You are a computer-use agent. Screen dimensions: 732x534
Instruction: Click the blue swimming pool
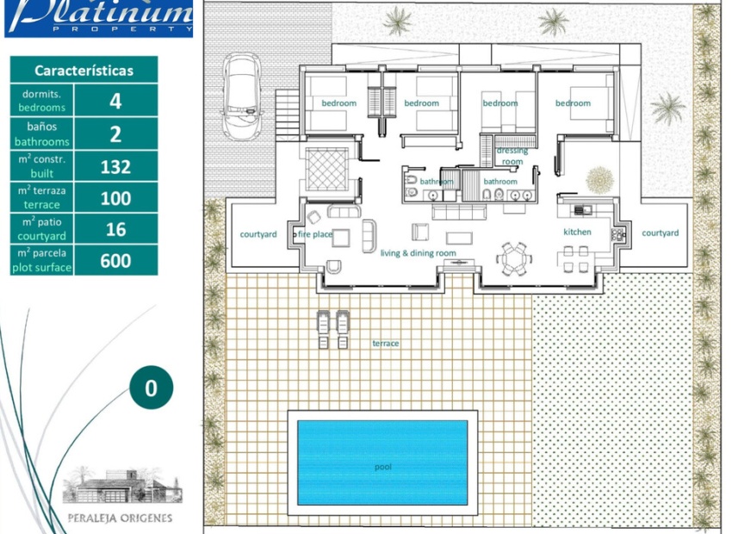[x=382, y=463]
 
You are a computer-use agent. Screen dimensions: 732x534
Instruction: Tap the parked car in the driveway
[x=241, y=96]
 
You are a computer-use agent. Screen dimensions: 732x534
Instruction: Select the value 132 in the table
[x=115, y=166]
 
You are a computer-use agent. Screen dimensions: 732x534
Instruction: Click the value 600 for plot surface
[x=115, y=260]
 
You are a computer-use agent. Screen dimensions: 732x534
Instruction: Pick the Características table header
[x=84, y=70]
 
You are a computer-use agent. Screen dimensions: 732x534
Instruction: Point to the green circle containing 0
[x=151, y=388]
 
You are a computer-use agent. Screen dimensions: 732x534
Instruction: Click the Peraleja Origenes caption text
[x=120, y=518]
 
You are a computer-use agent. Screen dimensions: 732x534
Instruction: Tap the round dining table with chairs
[x=513, y=258]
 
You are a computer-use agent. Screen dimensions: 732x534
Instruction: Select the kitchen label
[x=578, y=232]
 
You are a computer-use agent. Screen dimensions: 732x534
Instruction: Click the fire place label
[x=315, y=234]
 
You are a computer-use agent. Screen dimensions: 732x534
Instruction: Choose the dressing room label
[x=512, y=156]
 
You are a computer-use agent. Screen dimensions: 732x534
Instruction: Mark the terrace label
[x=386, y=343]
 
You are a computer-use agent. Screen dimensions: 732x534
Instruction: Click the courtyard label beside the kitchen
[x=661, y=233]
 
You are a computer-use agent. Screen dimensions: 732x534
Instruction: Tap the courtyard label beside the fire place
[x=258, y=234]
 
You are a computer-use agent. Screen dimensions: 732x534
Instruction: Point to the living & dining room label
[x=419, y=253]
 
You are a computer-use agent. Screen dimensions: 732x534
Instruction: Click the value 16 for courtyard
[x=115, y=229]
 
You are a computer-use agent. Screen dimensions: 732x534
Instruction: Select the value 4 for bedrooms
[x=115, y=102]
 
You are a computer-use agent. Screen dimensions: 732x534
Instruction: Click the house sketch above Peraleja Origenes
[x=122, y=486]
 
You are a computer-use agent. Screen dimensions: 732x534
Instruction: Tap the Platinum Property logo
[x=98, y=18]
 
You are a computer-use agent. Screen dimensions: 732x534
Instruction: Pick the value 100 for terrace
[x=115, y=198]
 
